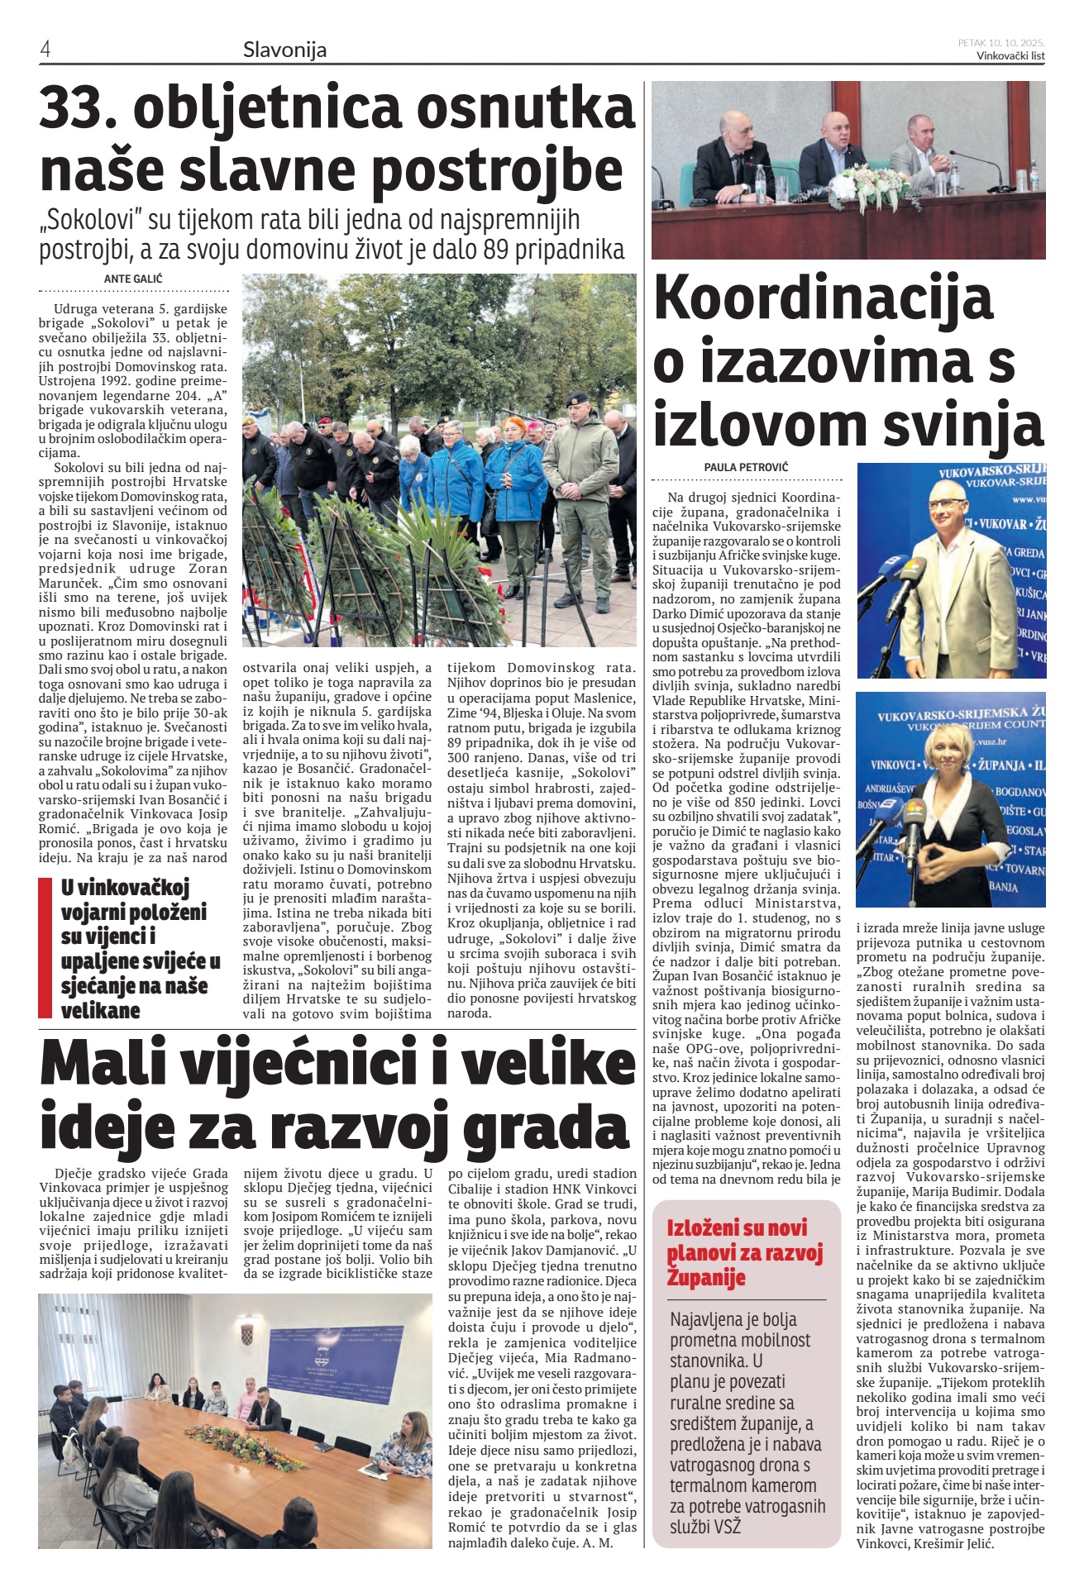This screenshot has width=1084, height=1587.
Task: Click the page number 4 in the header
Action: [45, 50]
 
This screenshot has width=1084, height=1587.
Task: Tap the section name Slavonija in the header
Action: [284, 50]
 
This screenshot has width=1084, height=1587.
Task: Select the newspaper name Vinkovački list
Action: [1010, 55]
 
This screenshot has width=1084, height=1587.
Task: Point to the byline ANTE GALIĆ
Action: [133, 279]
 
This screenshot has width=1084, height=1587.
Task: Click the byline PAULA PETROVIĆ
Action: [746, 467]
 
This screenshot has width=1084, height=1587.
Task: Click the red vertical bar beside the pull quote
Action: [45, 947]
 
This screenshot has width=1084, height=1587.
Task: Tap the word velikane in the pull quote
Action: [100, 1010]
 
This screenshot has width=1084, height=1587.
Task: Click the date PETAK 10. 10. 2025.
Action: [1001, 42]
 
